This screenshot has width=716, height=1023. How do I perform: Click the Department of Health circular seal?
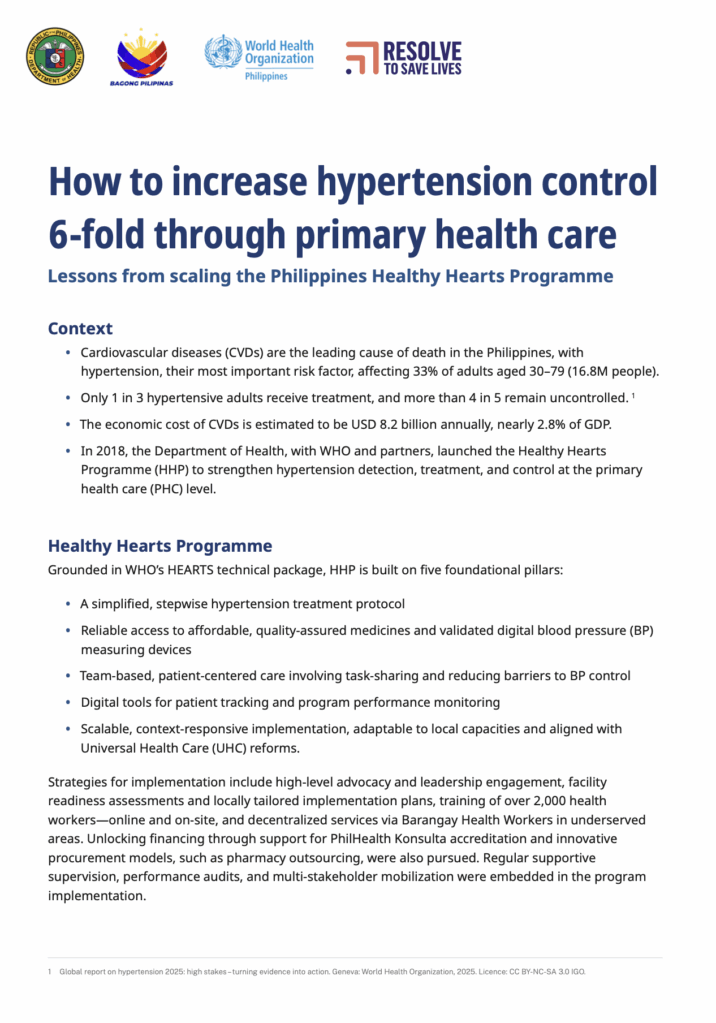pos(55,56)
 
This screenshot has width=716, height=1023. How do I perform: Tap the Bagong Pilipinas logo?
pos(141,57)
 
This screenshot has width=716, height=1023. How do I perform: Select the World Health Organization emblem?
pos(223,52)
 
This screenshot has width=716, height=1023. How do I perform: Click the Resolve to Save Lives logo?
pos(404,58)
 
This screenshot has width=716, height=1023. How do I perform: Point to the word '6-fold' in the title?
pos(108,235)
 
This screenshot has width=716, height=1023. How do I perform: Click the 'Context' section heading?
pos(80,328)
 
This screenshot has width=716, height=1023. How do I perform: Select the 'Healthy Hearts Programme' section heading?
pos(160,546)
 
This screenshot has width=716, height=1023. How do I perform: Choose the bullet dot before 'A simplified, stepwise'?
pos(68,604)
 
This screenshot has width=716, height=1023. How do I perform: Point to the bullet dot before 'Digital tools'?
pos(68,702)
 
